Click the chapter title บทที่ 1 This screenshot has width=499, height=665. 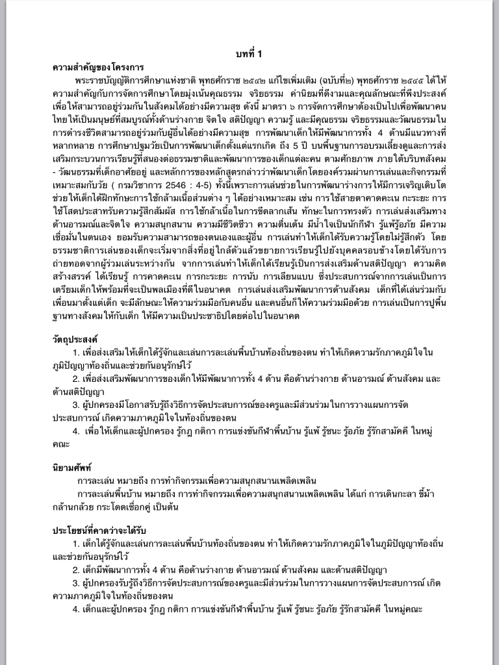tap(249, 54)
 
